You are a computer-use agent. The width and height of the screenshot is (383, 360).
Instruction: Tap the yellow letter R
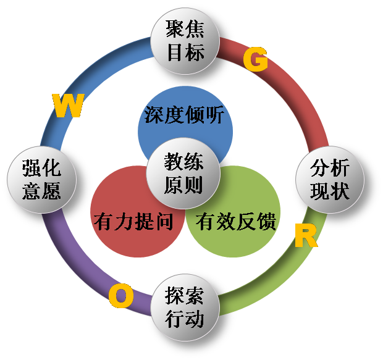tap(305, 235)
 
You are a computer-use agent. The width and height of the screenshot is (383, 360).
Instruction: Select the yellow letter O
tap(120, 297)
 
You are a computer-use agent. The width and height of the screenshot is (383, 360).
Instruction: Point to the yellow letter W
tap(68, 106)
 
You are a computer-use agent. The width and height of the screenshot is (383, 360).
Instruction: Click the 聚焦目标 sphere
tap(185, 40)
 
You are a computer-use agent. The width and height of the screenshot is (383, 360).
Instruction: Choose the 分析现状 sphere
tap(329, 179)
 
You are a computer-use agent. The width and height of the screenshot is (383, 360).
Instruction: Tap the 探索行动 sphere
tap(185, 308)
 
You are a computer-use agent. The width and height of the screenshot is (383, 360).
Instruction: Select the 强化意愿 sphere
tap(42, 179)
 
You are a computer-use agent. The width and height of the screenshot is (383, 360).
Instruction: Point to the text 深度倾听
tap(185, 115)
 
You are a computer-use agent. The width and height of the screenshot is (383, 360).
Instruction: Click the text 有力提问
tap(133, 222)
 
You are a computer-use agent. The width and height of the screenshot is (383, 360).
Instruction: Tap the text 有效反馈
tap(236, 222)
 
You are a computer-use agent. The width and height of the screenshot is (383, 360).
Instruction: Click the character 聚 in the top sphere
tap(176, 30)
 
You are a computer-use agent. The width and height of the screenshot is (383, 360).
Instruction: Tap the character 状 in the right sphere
tap(339, 191)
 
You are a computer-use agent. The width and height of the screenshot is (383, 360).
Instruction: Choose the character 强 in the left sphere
tap(32, 169)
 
